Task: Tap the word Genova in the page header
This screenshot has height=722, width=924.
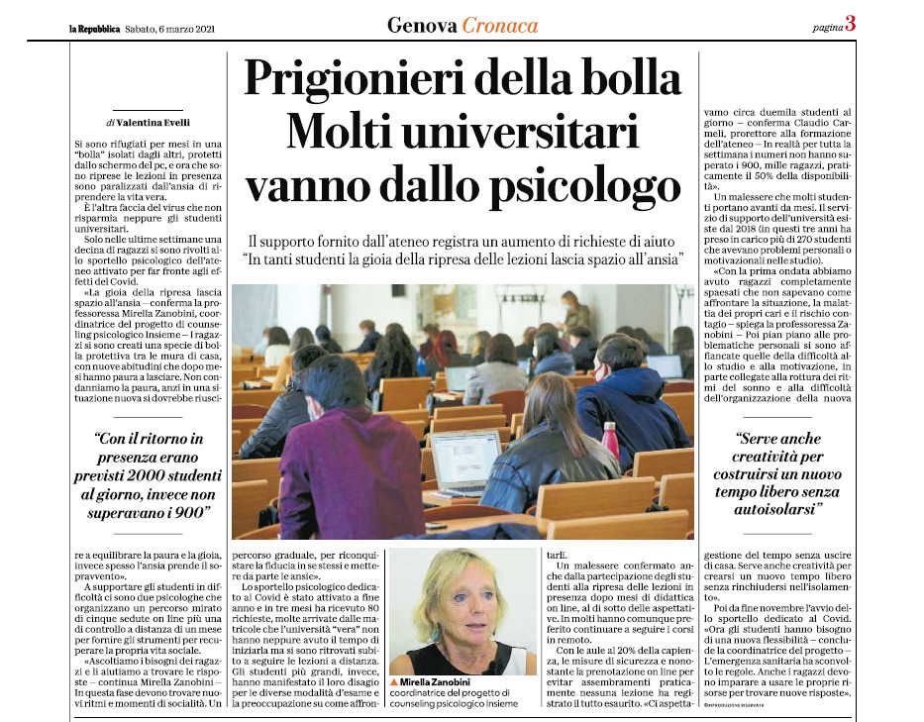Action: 422,25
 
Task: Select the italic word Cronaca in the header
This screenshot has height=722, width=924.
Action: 500,25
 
